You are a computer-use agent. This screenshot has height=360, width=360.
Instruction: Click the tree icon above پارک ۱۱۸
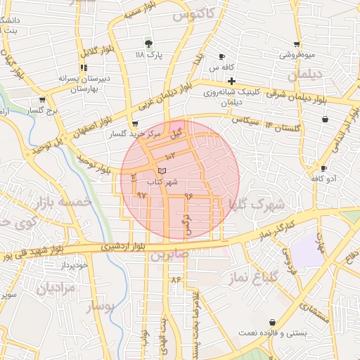click(148, 43)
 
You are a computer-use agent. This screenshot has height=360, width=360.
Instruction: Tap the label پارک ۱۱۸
click(148, 54)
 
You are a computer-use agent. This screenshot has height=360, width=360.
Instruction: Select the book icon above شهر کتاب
click(162, 171)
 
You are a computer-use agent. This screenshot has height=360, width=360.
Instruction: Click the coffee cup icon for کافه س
click(222, 57)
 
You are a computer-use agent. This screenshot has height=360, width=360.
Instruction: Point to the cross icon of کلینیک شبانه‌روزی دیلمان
click(231, 81)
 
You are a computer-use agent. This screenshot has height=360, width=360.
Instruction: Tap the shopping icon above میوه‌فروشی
click(297, 44)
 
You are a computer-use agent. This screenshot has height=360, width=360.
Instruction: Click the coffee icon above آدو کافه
click(323, 168)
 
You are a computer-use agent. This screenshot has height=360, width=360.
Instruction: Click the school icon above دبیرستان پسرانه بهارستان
click(84, 68)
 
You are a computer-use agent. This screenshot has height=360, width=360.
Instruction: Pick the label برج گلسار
click(41, 112)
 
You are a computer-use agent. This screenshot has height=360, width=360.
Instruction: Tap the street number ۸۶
click(175, 280)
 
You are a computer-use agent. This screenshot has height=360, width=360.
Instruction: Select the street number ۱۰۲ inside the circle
click(170, 155)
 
